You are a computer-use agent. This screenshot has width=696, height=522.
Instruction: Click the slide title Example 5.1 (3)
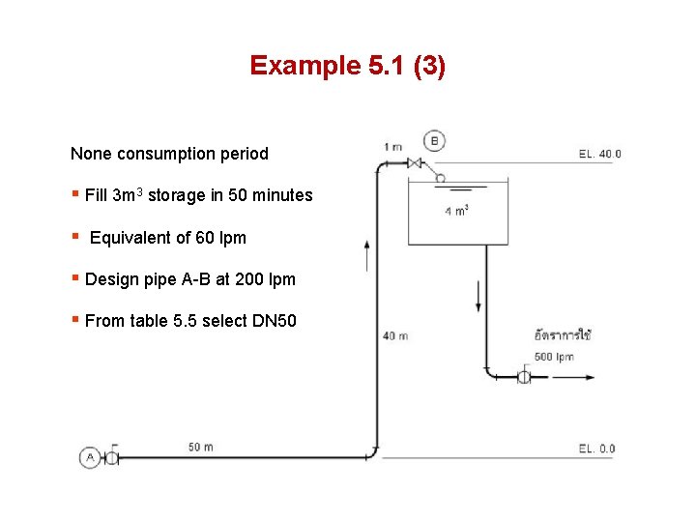coord(347,66)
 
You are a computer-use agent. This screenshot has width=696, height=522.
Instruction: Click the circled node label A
coord(90,457)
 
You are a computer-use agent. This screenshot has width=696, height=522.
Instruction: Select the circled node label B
coord(434,141)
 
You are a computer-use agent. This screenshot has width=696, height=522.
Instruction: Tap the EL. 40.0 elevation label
coord(599,154)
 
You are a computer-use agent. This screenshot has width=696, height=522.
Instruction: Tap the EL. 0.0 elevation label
coord(596,449)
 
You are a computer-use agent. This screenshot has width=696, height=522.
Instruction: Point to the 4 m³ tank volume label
coord(456,212)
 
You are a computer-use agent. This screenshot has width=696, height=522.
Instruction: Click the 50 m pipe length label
coord(201,447)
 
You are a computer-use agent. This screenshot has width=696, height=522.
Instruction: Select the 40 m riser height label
coord(394,336)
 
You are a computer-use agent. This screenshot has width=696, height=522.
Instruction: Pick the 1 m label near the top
coord(392,147)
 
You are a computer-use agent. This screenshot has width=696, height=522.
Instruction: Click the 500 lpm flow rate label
coord(553,357)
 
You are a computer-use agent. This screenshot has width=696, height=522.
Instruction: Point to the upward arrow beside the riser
coord(366,257)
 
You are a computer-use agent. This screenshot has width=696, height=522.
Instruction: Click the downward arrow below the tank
coord(478,295)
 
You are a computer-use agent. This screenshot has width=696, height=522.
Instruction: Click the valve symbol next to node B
coord(416,162)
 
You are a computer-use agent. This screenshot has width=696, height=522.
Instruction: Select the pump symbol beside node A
coord(110,457)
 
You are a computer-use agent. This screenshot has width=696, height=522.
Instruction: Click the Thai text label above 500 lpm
coord(563,335)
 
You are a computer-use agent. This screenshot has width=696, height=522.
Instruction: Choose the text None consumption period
coord(169,154)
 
